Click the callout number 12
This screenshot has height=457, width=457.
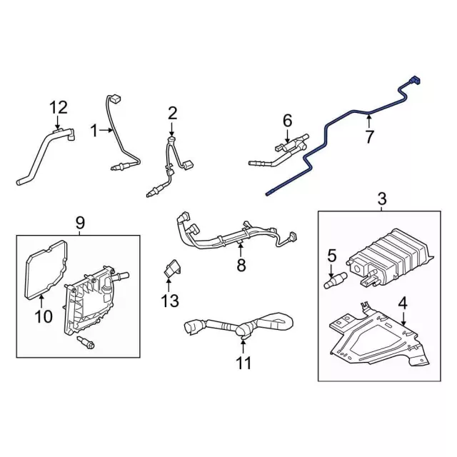pos(58,108)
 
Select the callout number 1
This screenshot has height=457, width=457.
pos(94,131)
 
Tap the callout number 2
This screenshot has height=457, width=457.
pos(172,112)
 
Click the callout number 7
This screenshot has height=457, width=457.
pos(368,136)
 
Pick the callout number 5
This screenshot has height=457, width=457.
pos(331,255)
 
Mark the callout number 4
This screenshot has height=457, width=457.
pos(403,303)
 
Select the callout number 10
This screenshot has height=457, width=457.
pos(44,316)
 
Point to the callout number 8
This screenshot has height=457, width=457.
pos(241,266)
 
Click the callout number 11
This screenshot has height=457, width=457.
pos(243,363)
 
